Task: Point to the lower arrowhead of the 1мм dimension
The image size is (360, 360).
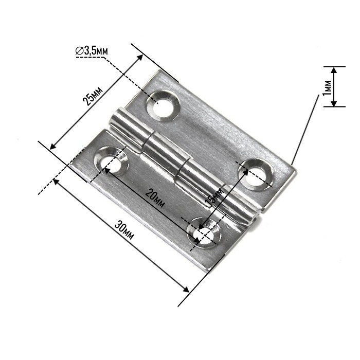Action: point(334,103)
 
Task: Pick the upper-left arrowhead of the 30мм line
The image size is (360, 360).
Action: point(57,181)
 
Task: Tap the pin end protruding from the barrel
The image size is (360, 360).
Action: point(254,220)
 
